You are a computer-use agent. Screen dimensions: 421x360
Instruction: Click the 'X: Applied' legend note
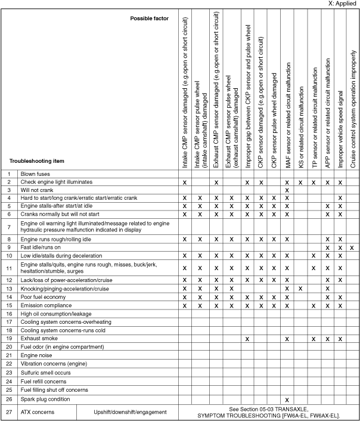click(343, 4)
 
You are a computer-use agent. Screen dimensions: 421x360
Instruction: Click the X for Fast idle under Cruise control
click(352, 247)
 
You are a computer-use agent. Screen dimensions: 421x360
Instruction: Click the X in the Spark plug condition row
click(287, 399)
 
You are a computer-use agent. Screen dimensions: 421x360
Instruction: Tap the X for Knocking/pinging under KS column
click(300, 289)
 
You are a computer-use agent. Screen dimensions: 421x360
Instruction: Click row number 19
click(9, 338)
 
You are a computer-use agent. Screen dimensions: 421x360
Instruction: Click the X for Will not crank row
click(287, 190)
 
